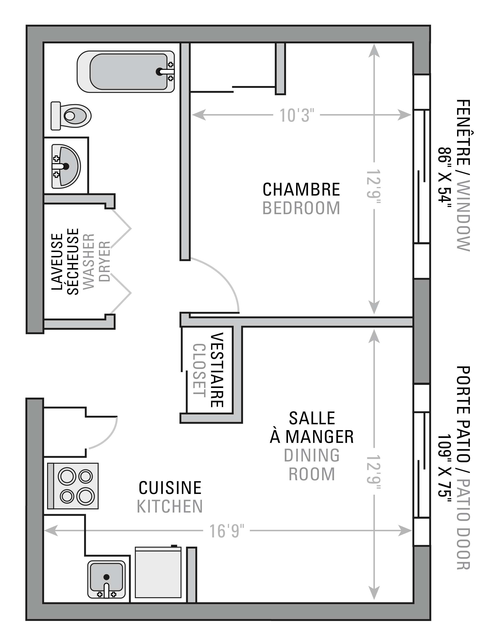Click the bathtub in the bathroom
tap(126, 72)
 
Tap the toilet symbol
tap(71, 116)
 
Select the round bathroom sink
tap(66, 166)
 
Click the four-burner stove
tap(73, 486)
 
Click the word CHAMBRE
tap(301, 190)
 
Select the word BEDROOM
tap(301, 208)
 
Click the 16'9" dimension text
tap(227, 531)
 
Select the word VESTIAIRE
tap(217, 370)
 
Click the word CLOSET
tap(199, 370)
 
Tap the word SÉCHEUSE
tap(73, 262)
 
